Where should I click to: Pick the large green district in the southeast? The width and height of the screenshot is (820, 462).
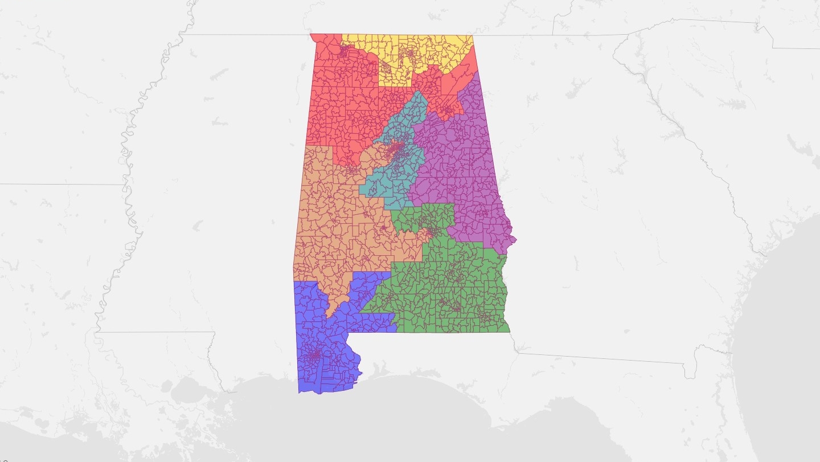point(450,291)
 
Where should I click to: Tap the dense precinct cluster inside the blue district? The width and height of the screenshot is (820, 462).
point(314,356)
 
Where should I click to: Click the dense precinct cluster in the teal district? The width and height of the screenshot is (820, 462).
point(395,150)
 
